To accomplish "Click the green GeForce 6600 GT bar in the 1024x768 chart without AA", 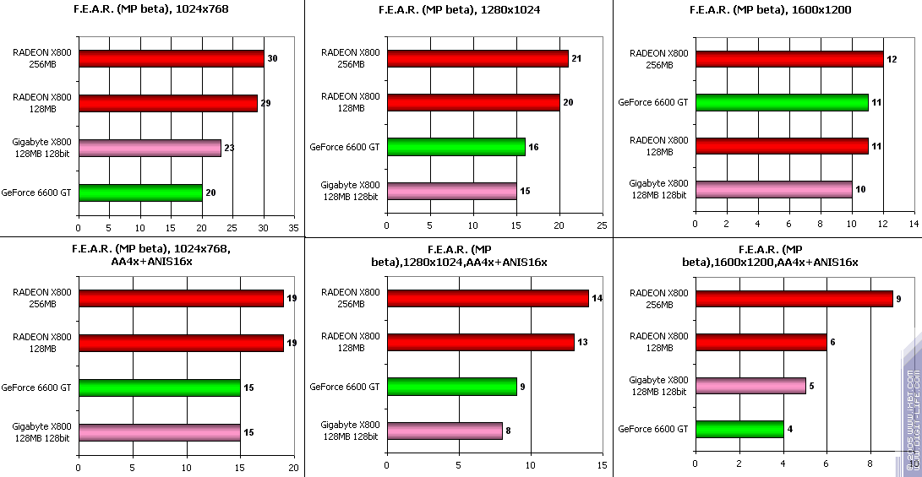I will (140, 192).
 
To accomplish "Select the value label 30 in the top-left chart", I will (272, 58).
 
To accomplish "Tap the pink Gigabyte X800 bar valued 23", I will (150, 148).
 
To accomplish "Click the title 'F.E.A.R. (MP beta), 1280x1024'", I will (458, 10).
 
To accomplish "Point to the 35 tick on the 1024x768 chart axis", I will (294, 227).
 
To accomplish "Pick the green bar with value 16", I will (456, 147).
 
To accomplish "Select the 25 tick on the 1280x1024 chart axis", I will (602, 227).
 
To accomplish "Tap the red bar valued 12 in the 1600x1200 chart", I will (789, 59).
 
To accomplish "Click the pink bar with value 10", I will (773, 188).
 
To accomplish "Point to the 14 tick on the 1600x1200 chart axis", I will (914, 225).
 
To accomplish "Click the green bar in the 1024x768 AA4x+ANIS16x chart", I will (159, 388).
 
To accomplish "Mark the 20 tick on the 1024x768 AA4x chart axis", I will (294, 467).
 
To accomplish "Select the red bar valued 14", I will (488, 298).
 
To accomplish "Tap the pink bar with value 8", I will (444, 431).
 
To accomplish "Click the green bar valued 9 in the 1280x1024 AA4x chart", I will (451, 387).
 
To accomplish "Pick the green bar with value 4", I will (739, 429).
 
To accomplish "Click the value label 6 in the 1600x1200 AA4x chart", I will (834, 342).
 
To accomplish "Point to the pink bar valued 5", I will (750, 385).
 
